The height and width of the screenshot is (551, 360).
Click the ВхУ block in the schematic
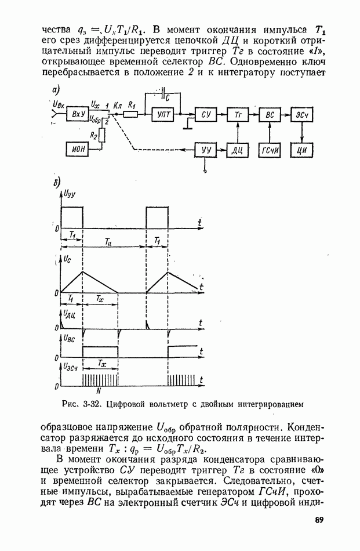pyautogui.click(x=78, y=114)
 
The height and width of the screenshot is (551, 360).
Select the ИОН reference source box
pyautogui.click(x=77, y=149)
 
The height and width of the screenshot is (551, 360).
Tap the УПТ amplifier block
pyautogui.click(x=163, y=114)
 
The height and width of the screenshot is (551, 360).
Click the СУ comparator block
pyautogui.click(x=206, y=114)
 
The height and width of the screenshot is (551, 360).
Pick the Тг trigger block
pyautogui.click(x=238, y=114)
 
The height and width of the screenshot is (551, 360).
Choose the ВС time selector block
pyautogui.click(x=270, y=114)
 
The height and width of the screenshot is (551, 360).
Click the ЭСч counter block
pyautogui.click(x=301, y=114)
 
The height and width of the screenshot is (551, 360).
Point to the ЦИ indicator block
pyautogui.click(x=301, y=150)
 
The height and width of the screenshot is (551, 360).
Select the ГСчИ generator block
pyautogui.click(x=270, y=150)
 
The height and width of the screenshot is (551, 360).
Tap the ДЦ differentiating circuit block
pyautogui.click(x=238, y=150)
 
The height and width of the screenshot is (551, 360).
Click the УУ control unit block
pyautogui.click(x=206, y=150)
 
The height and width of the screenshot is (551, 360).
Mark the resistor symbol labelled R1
pyautogui.click(x=130, y=114)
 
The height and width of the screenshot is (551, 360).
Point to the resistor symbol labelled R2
pyautogui.click(x=102, y=135)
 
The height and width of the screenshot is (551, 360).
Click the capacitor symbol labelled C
pyautogui.click(x=163, y=93)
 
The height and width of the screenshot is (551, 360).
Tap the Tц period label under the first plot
pyautogui.click(x=108, y=241)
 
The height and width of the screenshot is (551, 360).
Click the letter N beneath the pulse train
pyautogui.click(x=99, y=390)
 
